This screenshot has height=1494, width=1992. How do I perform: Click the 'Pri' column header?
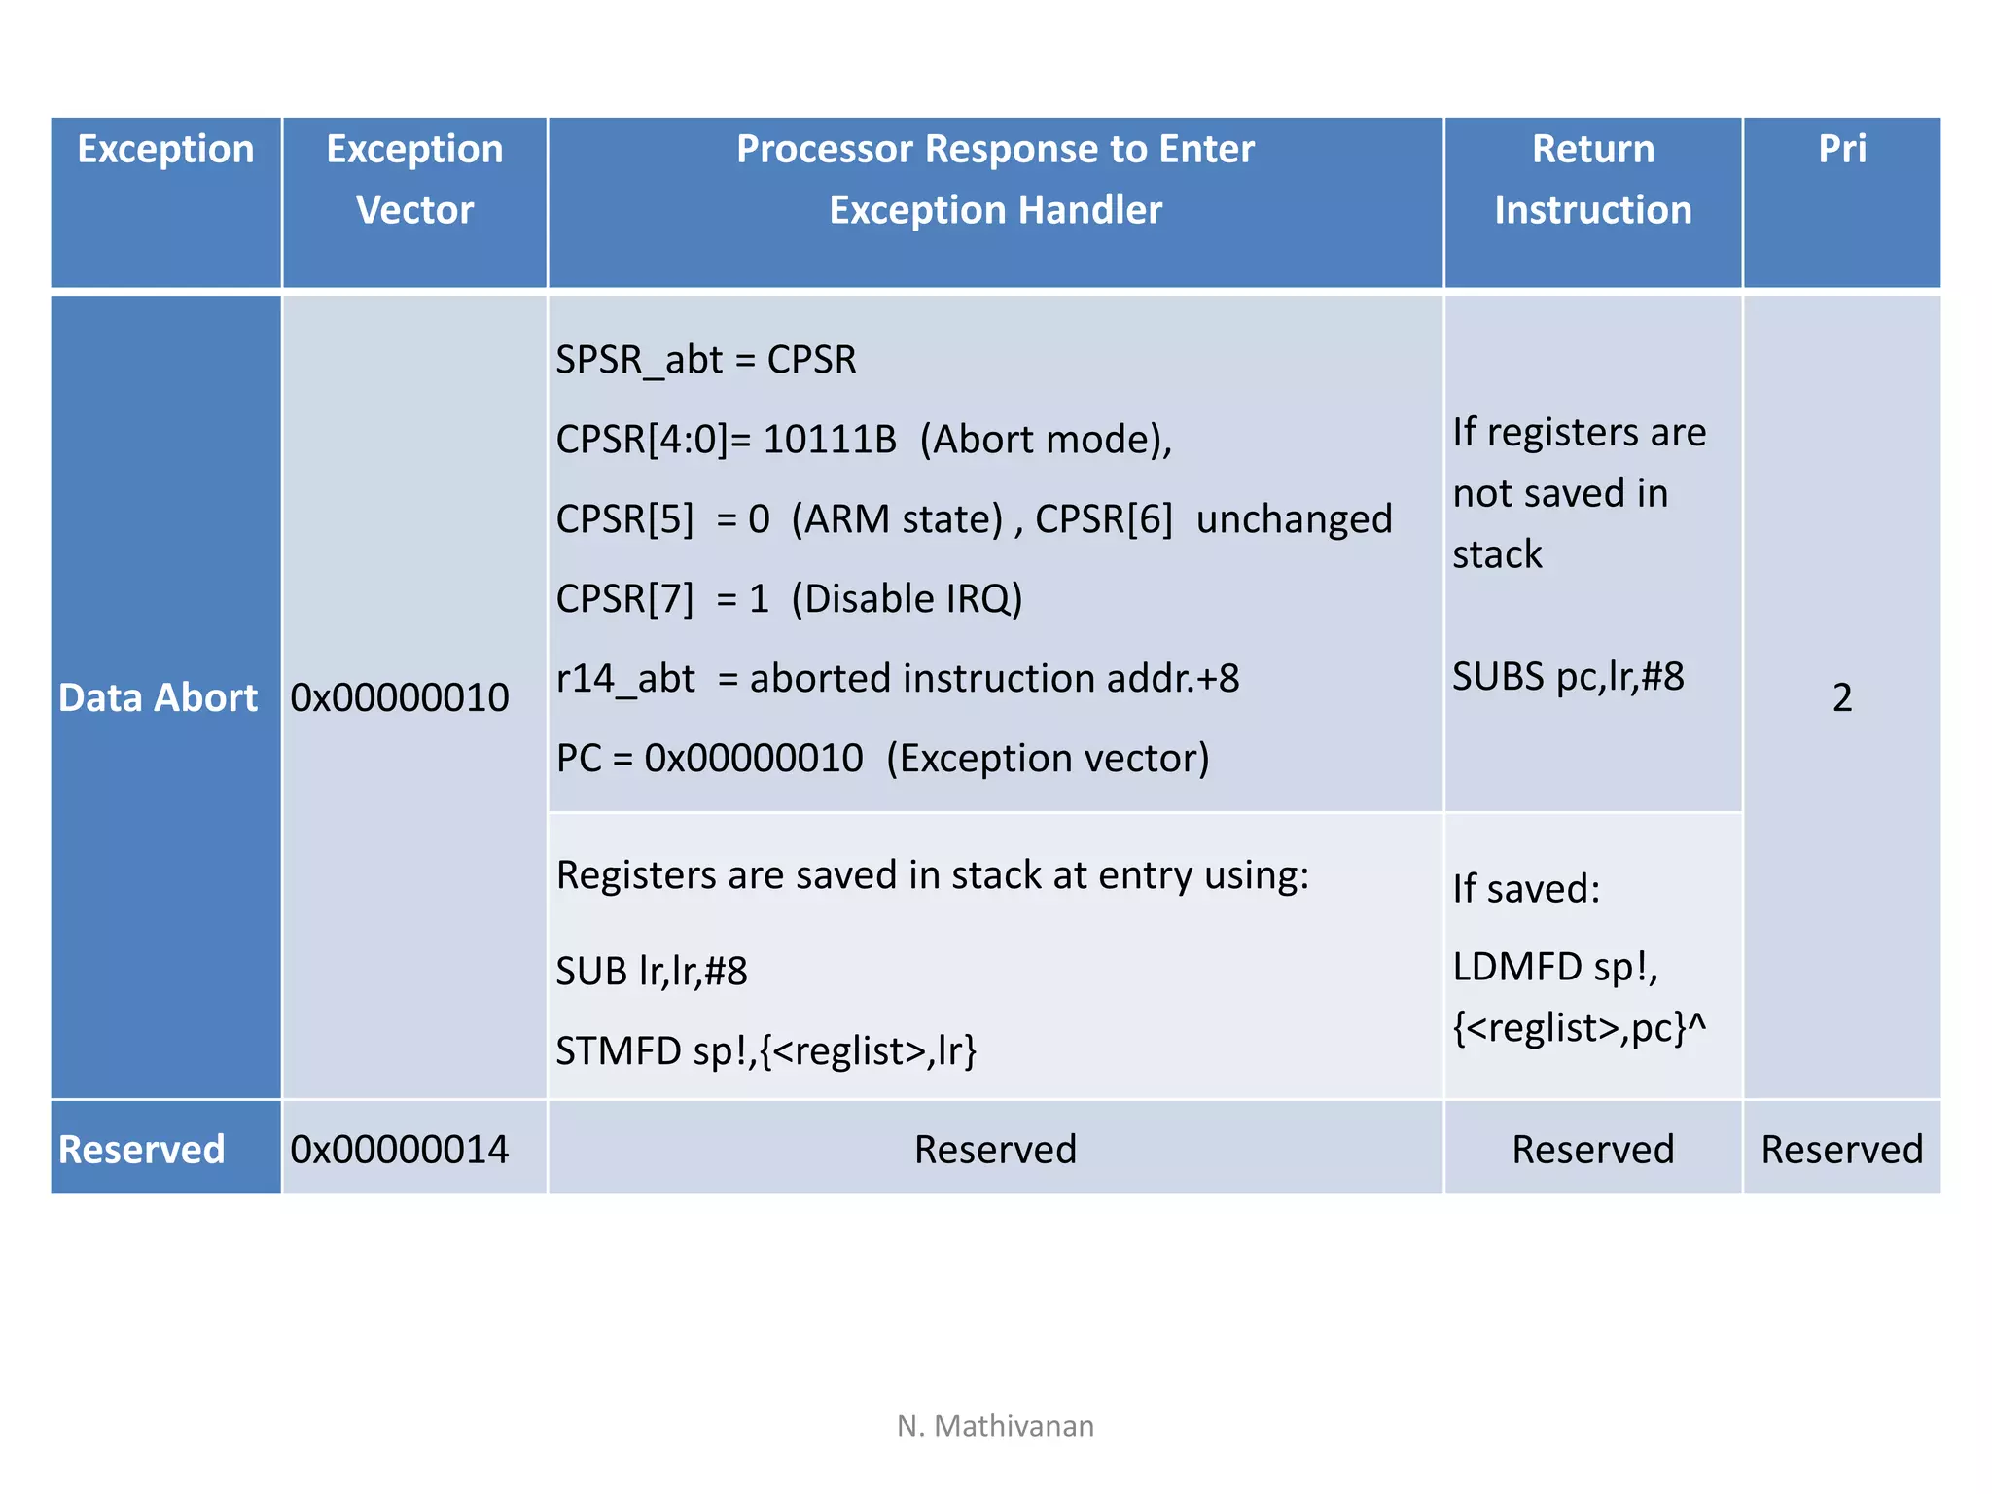coord(1841,150)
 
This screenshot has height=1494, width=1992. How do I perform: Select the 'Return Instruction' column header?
coord(1592,180)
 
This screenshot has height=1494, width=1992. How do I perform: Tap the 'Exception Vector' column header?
coord(414,180)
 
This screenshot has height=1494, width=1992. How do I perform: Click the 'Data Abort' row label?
coord(158,697)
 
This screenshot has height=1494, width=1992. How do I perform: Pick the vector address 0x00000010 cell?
coord(400,697)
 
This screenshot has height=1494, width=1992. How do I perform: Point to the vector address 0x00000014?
coord(400,1150)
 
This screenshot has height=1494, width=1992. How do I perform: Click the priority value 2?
coord(1841,697)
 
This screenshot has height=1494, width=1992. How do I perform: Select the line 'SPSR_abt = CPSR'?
coord(706,360)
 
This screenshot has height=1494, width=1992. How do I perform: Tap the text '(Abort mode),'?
coord(1046,440)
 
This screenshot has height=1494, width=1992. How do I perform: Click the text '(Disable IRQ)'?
coord(907,599)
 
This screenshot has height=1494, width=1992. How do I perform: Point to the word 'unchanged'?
coord(1294,519)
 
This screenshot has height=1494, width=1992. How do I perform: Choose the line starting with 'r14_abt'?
coord(897,679)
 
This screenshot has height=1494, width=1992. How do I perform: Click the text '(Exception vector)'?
coord(1048,759)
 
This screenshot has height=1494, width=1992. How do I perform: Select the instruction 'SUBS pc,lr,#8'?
coord(1568,677)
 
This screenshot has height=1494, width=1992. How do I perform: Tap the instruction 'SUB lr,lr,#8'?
coord(652,971)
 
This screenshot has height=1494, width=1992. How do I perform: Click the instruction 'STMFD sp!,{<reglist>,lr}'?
coord(766,1051)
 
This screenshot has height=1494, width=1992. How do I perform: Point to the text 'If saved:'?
coord(1526,889)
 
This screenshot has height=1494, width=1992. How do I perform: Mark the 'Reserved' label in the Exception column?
coord(142,1150)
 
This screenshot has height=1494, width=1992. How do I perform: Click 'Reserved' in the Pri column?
coord(1841,1150)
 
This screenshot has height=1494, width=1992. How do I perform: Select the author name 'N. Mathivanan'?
coord(995,1426)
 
